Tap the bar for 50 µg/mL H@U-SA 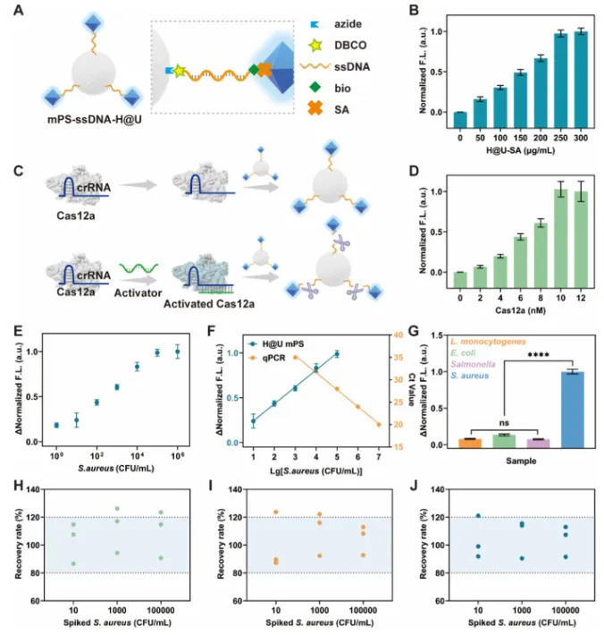click(x=480, y=106)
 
